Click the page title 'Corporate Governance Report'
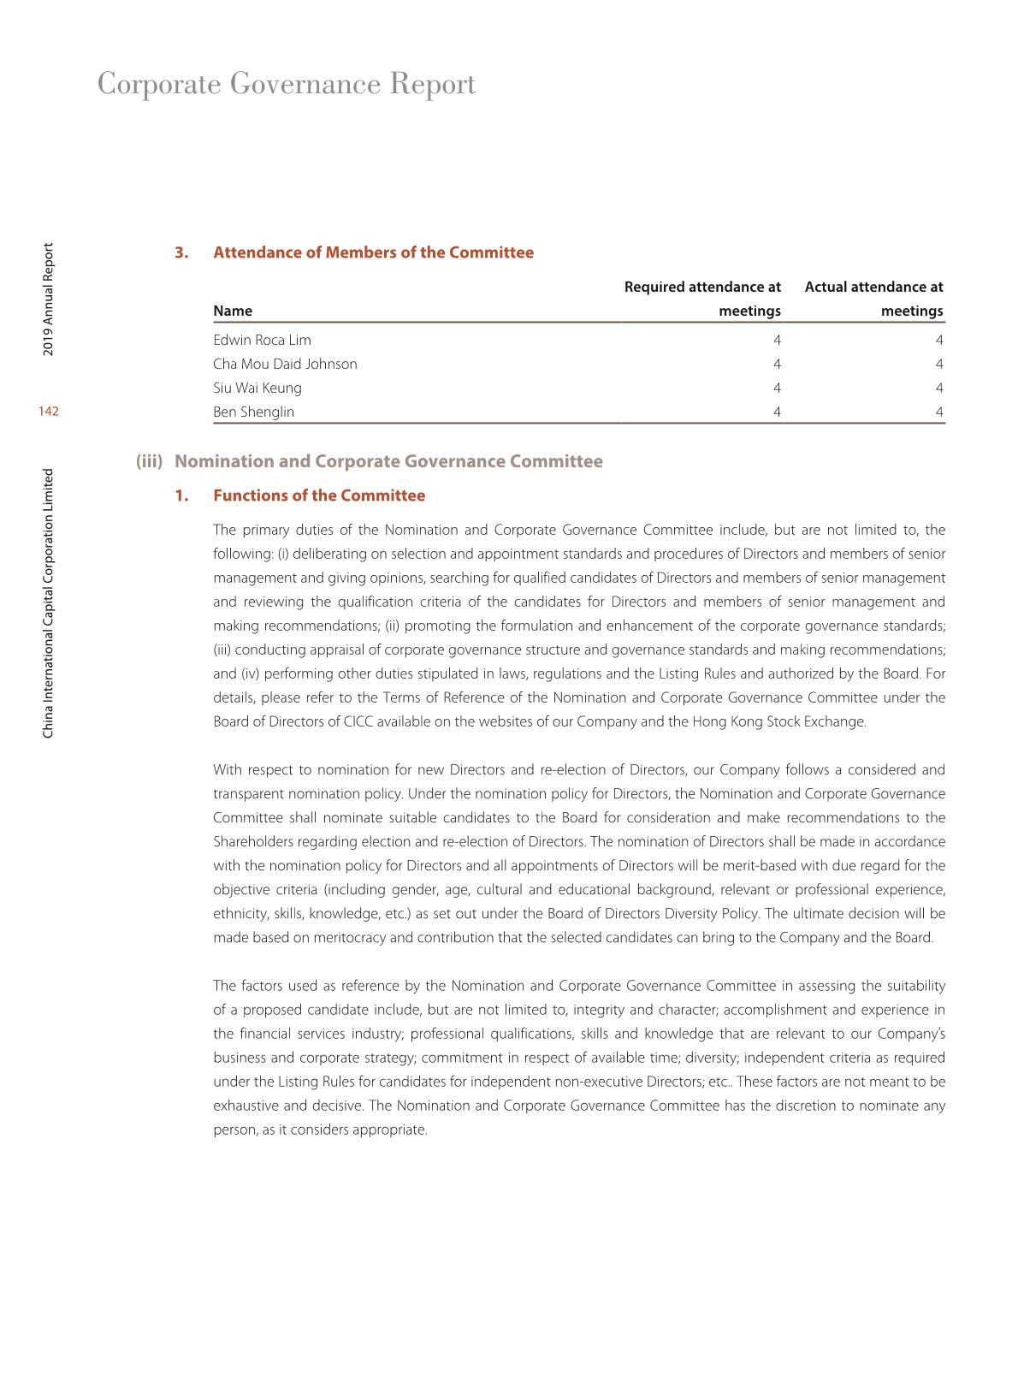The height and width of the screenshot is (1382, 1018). (x=287, y=85)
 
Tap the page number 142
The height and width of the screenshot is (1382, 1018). (x=49, y=412)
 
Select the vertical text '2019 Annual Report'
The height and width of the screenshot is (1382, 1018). (x=49, y=300)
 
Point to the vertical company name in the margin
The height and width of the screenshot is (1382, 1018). (x=49, y=602)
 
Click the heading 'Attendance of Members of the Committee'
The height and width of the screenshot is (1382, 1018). (x=373, y=252)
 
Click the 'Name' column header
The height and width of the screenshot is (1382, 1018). (x=233, y=311)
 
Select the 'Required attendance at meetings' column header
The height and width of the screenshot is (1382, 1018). (x=702, y=299)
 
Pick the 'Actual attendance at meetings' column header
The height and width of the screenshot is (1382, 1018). (x=873, y=299)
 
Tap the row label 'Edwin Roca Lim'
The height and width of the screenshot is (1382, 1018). (x=262, y=340)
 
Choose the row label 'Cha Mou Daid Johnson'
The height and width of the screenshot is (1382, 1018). (x=285, y=364)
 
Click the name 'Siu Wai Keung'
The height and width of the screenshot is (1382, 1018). (x=257, y=388)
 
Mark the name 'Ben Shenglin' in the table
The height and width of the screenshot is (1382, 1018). (x=253, y=412)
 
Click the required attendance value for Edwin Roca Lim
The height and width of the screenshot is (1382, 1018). (x=776, y=340)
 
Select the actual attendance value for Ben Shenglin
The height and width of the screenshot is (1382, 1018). (x=939, y=412)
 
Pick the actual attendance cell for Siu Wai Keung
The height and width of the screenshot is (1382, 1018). (x=939, y=388)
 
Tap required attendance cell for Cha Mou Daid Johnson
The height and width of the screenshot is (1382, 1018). (x=776, y=364)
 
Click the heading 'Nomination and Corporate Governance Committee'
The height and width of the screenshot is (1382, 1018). (x=388, y=461)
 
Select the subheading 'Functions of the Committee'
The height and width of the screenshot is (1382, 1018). (x=318, y=495)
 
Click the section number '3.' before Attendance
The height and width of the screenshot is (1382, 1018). (x=181, y=252)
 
